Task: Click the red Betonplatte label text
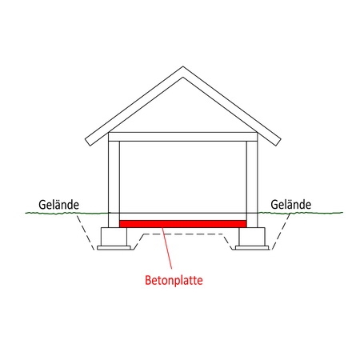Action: click(174, 280)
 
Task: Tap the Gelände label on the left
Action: click(58, 205)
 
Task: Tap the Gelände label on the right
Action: click(290, 205)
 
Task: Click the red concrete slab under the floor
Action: click(183, 224)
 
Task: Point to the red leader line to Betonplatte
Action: click(167, 248)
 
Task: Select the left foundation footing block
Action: click(114, 237)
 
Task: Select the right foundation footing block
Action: click(252, 237)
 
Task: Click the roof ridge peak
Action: click(183, 66)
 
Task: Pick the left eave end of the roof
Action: click(88, 142)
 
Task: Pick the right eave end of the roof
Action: click(278, 142)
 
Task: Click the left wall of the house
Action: click(114, 184)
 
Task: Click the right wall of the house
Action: click(252, 184)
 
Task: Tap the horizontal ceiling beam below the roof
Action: click(183, 137)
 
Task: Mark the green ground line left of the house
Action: click(66, 213)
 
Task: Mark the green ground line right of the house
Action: click(300, 213)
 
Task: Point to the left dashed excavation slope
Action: click(86, 232)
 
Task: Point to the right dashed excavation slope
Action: click(281, 231)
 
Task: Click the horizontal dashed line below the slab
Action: click(183, 234)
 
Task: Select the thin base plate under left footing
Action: click(114, 248)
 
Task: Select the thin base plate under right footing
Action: click(252, 248)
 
